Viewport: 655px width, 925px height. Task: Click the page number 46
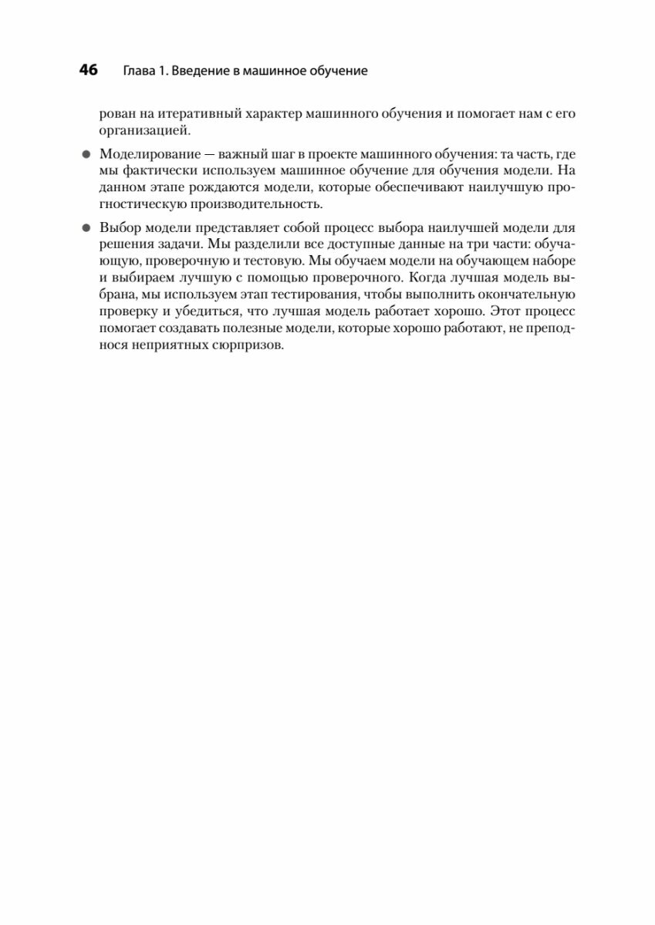point(88,71)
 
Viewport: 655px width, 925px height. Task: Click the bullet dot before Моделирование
point(86,154)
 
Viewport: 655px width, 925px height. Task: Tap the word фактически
point(156,171)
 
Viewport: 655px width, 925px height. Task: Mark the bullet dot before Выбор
point(86,228)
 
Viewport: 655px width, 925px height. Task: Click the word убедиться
point(192,312)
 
